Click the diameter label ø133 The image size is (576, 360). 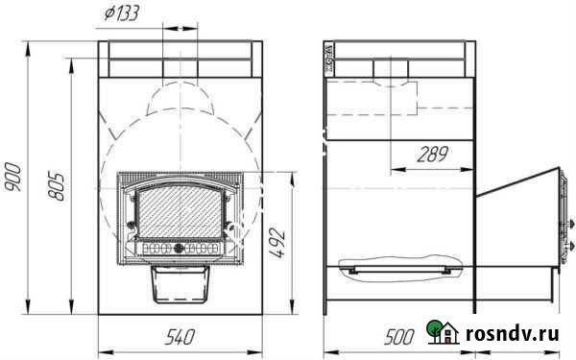click(121, 13)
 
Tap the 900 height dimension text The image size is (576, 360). click(13, 177)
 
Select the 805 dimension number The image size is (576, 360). click(57, 185)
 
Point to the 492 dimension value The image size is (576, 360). click(277, 243)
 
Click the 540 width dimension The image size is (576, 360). click(180, 337)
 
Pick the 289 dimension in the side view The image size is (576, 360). click(432, 155)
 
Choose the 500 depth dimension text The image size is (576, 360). click(399, 337)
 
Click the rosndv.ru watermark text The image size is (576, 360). click(513, 334)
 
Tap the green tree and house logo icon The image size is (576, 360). click(443, 332)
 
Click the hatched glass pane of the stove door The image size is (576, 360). click(180, 212)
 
